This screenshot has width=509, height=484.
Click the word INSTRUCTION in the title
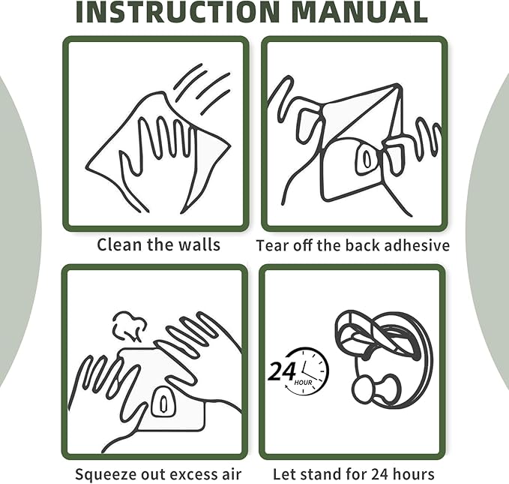[x=178, y=12]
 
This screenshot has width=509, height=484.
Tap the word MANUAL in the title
[x=359, y=12]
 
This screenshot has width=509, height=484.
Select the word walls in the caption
[x=199, y=245]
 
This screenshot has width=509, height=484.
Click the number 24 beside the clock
[x=282, y=371]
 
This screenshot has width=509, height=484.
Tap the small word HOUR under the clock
[x=303, y=383]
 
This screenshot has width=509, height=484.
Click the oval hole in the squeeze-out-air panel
[x=163, y=404]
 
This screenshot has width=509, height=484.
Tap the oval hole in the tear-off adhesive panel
[x=367, y=158]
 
